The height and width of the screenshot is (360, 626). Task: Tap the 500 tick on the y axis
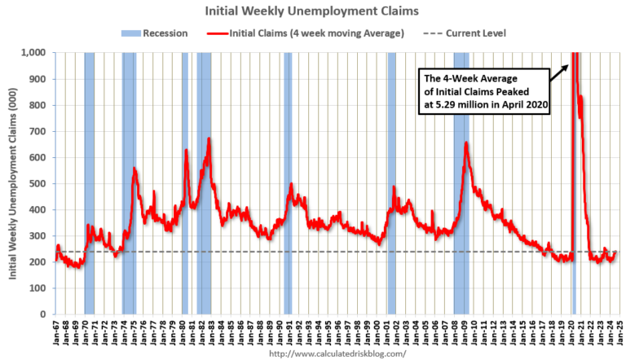40,183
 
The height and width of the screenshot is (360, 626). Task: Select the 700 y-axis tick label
40,131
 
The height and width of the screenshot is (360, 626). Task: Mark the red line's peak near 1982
209,139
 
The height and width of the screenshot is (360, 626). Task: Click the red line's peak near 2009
465,143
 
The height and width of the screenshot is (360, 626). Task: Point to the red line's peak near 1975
134,169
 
